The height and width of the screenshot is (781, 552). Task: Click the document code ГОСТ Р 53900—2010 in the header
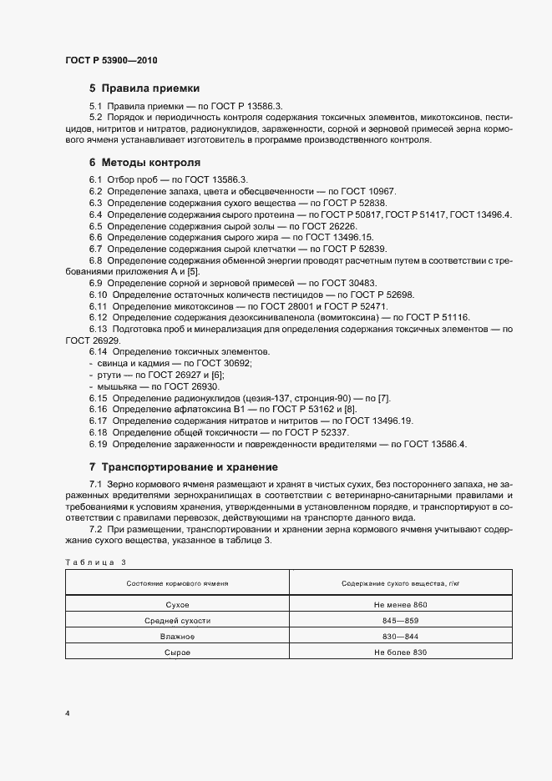pos(111,61)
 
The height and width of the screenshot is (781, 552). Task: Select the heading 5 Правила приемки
pos(144,88)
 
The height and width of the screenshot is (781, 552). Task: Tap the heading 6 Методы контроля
pos(144,162)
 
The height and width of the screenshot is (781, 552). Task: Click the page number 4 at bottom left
pos(68,714)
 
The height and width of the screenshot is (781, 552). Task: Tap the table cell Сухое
pos(177,604)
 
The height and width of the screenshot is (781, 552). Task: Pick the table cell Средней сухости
pos(177,621)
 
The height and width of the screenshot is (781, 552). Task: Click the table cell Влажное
pos(177,637)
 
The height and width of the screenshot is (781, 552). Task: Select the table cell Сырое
pos(177,653)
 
